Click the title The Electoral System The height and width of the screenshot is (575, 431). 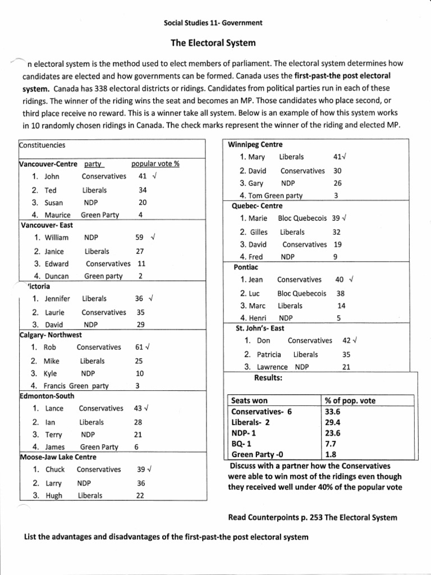(213, 43)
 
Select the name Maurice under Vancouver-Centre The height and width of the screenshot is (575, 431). (58, 215)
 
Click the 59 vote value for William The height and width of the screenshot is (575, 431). (140, 238)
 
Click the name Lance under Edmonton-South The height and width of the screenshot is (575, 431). (54, 408)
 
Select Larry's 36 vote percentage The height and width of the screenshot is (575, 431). (141, 483)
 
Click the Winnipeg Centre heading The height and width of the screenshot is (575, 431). (255, 145)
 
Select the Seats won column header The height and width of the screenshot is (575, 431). (250, 401)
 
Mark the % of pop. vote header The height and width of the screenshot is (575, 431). (350, 401)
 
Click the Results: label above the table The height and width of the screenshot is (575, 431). (268, 378)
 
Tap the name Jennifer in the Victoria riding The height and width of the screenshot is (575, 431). (57, 299)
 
